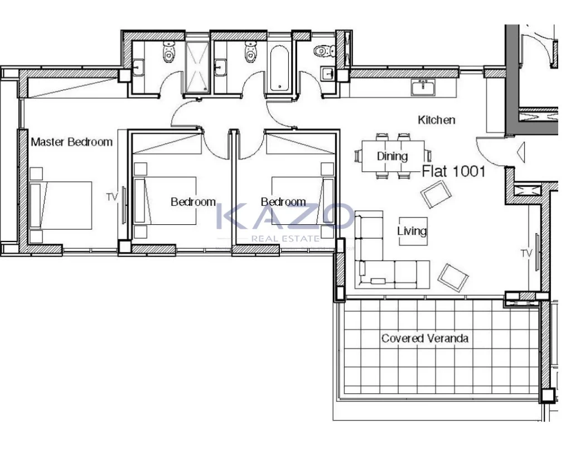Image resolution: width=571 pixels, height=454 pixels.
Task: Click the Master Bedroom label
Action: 72,142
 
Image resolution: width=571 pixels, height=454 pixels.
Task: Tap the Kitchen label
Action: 436,120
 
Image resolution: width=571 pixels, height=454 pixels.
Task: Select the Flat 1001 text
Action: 454,171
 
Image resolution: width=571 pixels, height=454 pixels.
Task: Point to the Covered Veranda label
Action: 424,338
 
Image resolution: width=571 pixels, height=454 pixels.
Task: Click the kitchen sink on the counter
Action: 423,88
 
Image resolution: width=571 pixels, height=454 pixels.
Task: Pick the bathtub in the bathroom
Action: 279,68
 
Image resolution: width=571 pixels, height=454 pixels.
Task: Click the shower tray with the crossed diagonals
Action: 197,67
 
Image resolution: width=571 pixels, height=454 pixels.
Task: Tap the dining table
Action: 393,156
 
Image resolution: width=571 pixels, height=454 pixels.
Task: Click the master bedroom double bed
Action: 60,205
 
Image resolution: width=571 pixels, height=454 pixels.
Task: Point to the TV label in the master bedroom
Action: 112,197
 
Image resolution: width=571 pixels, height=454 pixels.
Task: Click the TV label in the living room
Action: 526,253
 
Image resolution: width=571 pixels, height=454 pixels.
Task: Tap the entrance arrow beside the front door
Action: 521,152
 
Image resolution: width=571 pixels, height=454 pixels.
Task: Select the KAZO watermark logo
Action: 285,216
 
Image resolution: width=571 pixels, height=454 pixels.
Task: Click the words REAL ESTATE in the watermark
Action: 285,239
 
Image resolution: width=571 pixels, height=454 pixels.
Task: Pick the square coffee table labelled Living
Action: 413,231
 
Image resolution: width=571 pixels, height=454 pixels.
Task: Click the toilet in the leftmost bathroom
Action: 168,51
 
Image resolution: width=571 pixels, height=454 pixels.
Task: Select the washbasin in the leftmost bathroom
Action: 138,68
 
